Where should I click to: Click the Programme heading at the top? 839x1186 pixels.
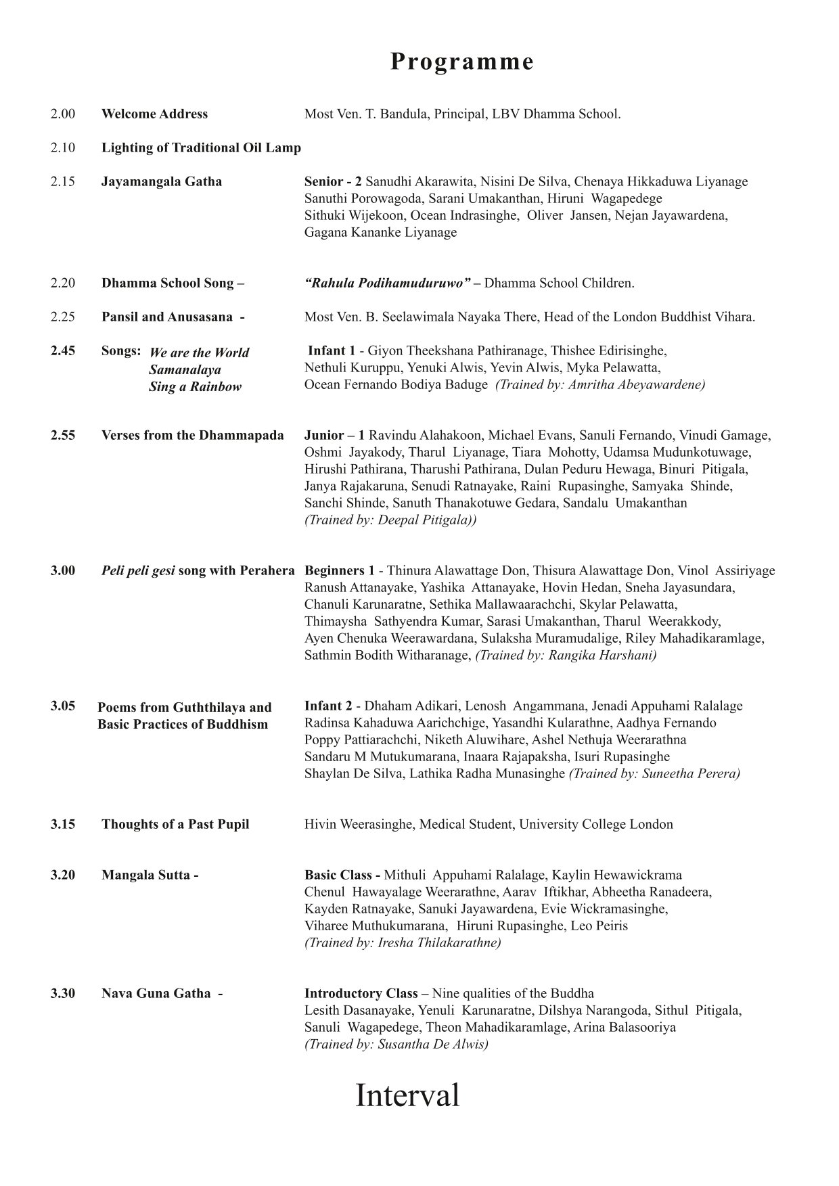[x=462, y=62]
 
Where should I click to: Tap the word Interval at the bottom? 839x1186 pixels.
[x=407, y=1095]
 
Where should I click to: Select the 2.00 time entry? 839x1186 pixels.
[x=62, y=114]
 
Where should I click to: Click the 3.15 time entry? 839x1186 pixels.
[x=62, y=824]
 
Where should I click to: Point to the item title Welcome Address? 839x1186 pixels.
[x=154, y=114]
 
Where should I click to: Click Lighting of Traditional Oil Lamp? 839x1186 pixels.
[x=201, y=147]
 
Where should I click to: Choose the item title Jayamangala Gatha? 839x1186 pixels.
[x=162, y=181]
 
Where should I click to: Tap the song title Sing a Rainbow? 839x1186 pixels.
[x=195, y=387]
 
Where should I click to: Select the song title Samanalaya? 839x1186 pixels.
[x=185, y=370]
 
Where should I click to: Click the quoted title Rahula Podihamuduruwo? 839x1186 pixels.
[x=388, y=283]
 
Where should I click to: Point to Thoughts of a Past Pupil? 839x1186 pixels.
[x=175, y=824]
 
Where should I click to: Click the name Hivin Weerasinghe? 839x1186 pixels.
[x=359, y=824]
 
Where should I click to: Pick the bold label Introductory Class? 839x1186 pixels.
[x=361, y=993]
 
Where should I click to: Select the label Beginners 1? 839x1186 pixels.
[x=339, y=570]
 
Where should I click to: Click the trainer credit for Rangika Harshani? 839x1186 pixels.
[x=566, y=655]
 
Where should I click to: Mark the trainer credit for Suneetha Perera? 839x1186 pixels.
[x=654, y=773]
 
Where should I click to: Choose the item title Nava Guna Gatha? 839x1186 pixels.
[x=156, y=993]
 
